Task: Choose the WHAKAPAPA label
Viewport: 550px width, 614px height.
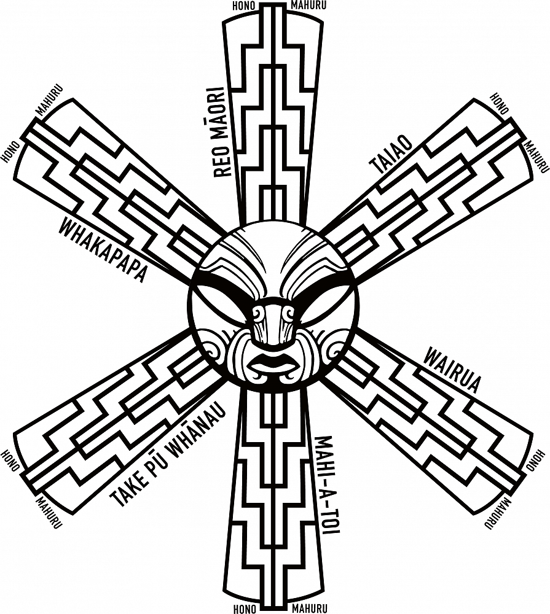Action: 103,251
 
